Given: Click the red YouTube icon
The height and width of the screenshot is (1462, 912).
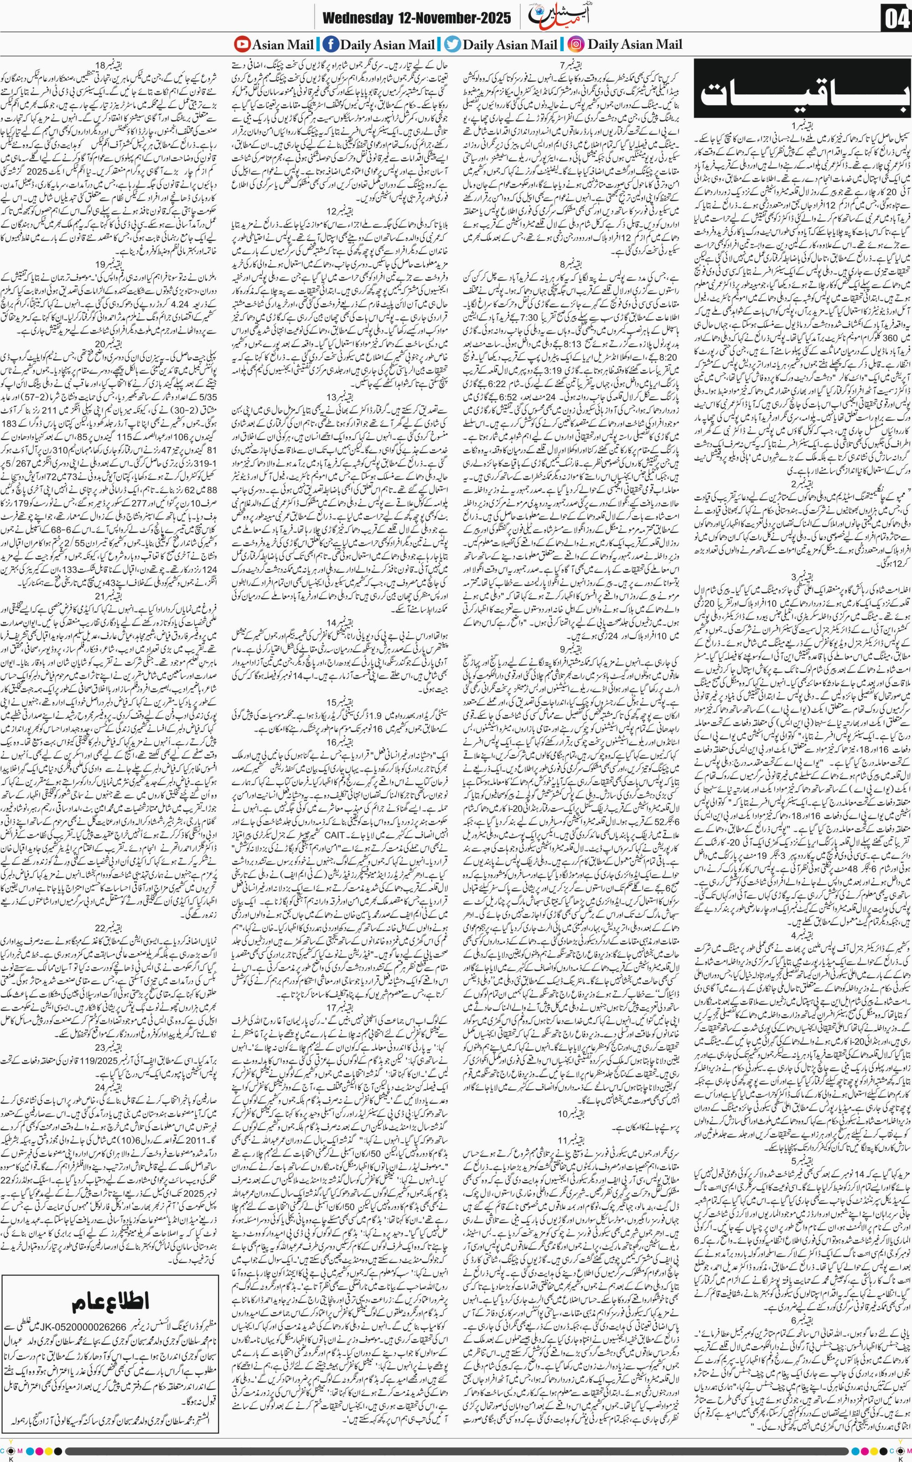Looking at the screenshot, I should pyautogui.click(x=243, y=44).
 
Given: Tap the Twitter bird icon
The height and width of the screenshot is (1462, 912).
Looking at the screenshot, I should pyautogui.click(x=452, y=44).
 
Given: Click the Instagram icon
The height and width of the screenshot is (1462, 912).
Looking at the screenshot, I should pyautogui.click(x=577, y=44).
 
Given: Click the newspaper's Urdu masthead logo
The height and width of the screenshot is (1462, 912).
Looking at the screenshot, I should pyautogui.click(x=548, y=18).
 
